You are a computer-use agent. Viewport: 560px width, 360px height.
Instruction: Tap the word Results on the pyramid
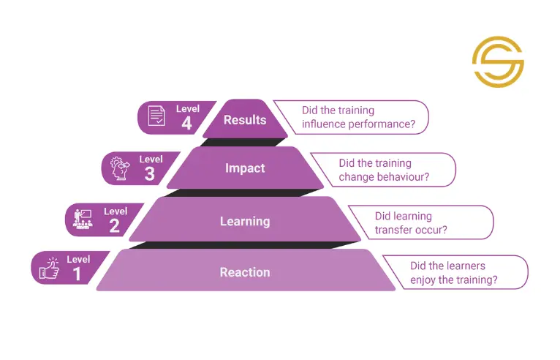245,120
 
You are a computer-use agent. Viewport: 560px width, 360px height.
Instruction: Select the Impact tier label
245,168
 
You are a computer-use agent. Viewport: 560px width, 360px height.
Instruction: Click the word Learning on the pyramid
245,221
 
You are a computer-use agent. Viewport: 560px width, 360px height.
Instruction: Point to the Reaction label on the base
245,272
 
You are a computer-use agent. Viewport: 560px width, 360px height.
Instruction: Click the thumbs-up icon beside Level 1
49,268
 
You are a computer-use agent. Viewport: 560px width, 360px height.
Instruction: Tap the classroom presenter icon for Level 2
83,219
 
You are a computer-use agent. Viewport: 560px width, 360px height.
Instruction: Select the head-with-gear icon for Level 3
120,168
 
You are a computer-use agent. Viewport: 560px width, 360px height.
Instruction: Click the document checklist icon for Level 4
156,116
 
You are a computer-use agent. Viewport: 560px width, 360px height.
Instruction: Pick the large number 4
186,124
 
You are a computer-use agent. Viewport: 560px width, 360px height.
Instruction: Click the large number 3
150,174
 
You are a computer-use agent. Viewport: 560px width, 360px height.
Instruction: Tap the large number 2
114,226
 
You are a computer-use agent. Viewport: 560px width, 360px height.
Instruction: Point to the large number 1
77,274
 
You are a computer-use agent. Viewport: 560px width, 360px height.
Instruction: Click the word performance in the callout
382,124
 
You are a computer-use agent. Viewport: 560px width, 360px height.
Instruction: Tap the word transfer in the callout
392,230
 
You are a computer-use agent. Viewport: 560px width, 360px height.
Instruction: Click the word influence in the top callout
324,124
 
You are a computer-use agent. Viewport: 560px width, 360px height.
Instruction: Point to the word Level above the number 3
151,159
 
